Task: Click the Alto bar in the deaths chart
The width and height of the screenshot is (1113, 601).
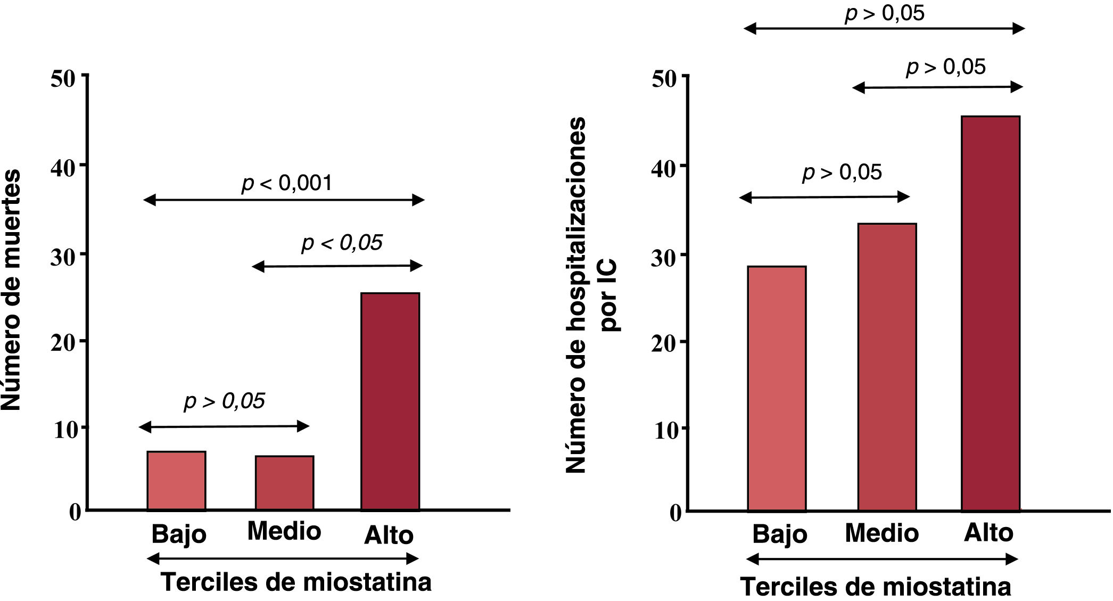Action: coord(390,401)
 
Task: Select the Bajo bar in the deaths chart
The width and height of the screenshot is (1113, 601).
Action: coord(176,481)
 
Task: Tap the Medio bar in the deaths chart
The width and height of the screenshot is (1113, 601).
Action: coord(284,483)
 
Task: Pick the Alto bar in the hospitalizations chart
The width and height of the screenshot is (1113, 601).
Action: coord(990,314)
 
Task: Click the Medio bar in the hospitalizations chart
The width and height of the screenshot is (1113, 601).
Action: coord(887,367)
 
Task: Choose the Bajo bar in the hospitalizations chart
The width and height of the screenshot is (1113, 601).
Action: coord(777,389)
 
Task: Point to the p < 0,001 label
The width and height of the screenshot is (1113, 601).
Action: coord(287,183)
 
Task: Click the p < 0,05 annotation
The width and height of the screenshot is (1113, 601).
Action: coord(342,243)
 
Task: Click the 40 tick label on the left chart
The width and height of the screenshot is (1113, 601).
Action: coord(64,168)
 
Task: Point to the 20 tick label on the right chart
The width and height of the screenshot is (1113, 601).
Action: coord(663,343)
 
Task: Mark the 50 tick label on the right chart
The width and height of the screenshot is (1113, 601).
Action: coord(664,79)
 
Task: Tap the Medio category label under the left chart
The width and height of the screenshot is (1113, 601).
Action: coord(284,531)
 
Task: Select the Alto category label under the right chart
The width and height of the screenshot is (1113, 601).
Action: coord(988,533)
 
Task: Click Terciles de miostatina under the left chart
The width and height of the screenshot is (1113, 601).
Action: coord(296,582)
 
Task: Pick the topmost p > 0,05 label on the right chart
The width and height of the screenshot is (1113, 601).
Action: coord(885,13)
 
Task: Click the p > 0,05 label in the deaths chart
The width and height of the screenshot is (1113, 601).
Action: coord(224,401)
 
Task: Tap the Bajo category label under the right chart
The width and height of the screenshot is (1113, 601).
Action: coord(779,534)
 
